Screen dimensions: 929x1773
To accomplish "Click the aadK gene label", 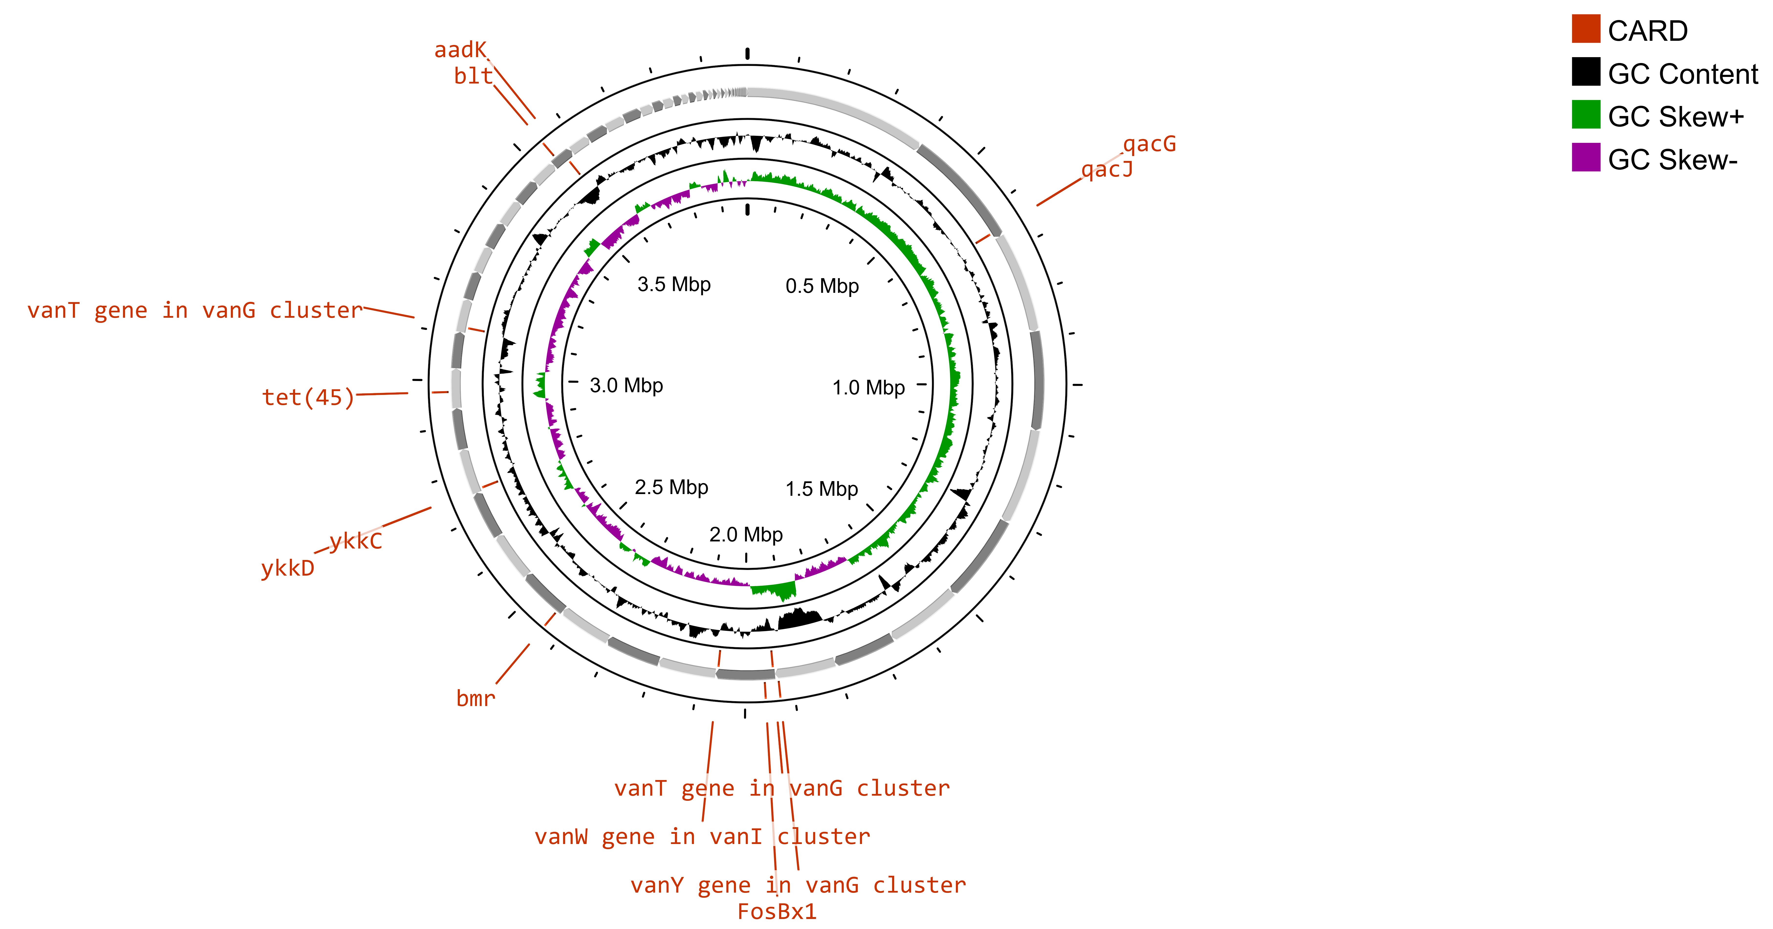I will click(460, 50).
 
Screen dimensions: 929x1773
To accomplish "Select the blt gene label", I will click(473, 76).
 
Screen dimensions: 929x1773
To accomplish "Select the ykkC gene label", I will click(355, 542).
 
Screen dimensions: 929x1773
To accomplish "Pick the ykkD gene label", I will click(288, 568).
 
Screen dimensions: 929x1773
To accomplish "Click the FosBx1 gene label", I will click(776, 912).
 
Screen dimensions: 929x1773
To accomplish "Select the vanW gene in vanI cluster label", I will click(702, 837).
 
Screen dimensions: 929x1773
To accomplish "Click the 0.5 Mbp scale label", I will click(822, 286).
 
